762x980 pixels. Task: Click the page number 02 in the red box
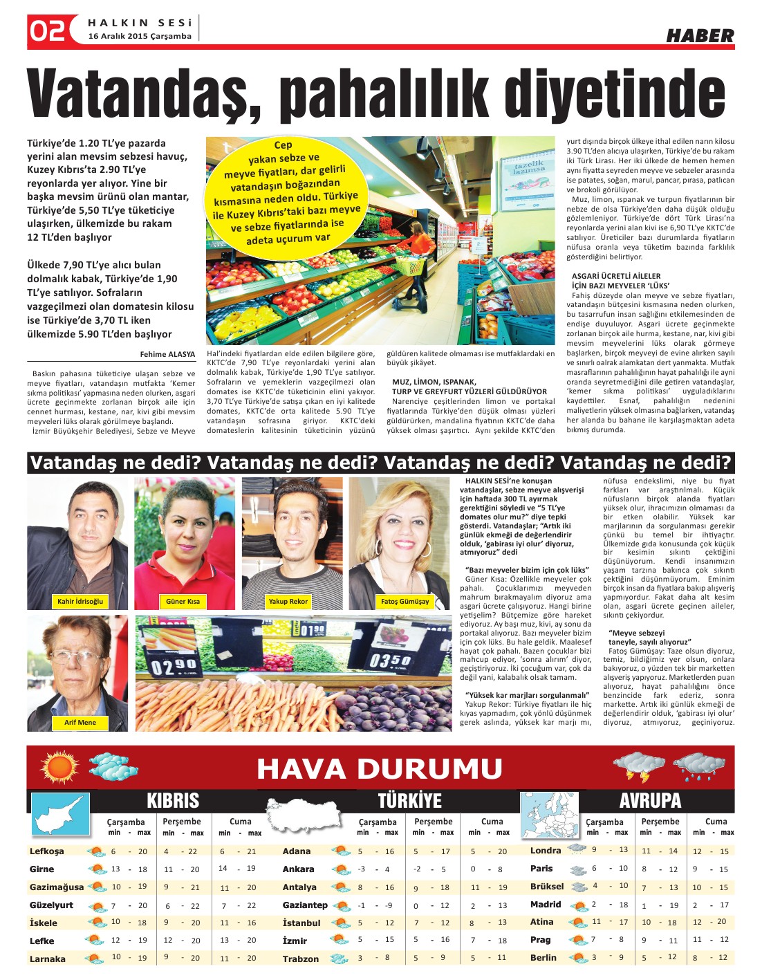pos(47,31)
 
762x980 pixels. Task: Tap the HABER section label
pos(700,36)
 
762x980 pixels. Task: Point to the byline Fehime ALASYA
pos(167,354)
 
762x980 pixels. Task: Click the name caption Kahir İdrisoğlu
pos(80,602)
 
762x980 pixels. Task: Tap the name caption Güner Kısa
pos(183,602)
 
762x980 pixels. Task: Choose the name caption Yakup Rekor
pos(288,602)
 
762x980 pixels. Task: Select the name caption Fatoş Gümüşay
pos(405,602)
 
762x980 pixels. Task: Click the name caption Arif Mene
pos(80,723)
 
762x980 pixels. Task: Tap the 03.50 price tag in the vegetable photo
pos(391,661)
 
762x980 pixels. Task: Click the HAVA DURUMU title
pos(380,769)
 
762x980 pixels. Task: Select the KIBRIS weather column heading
pos(173,801)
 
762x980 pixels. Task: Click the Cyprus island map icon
pos(59,814)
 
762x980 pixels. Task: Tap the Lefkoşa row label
pos(47,851)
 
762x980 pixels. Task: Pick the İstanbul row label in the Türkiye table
pos(301,923)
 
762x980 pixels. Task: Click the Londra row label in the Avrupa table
pos(546,851)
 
